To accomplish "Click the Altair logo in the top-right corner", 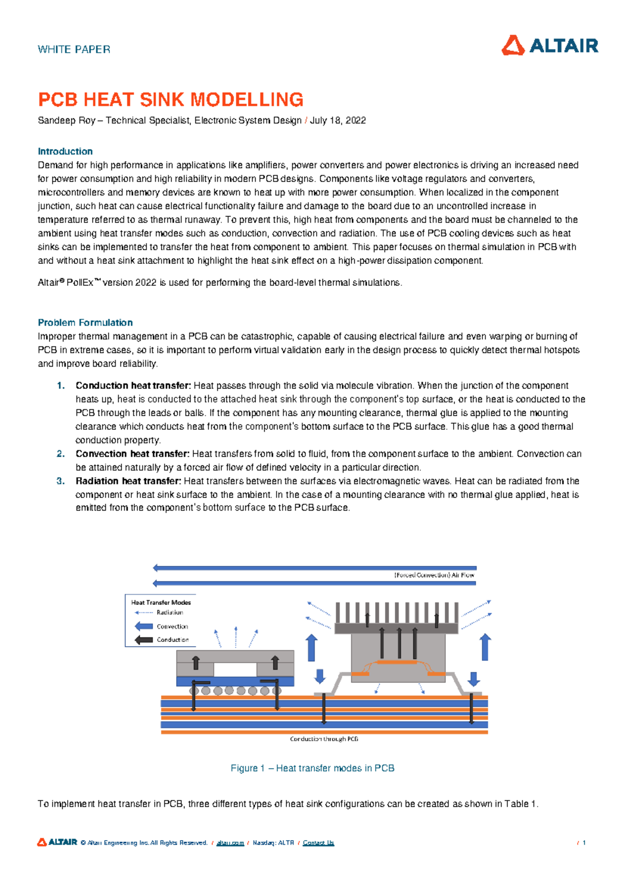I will click(549, 45).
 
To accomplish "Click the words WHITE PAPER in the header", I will click(74, 50).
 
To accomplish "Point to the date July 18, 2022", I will click(337, 120).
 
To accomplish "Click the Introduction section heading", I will click(65, 151).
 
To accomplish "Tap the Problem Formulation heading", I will click(85, 322).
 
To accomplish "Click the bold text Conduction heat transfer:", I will click(133, 385).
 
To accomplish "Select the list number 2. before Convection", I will click(60, 454).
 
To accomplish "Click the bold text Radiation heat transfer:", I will click(128, 481).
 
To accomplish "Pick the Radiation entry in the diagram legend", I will click(170, 612).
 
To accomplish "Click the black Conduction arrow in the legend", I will click(144, 640).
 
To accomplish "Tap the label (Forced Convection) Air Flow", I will click(434, 575).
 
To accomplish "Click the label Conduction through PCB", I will click(324, 739).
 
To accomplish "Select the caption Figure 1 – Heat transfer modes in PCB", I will click(312, 768).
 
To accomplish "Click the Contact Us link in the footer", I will click(318, 843).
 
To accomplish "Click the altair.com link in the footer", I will click(230, 843).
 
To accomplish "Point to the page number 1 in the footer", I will click(584, 843).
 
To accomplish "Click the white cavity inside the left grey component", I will click(235, 669).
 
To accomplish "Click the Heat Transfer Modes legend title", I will click(161, 602).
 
